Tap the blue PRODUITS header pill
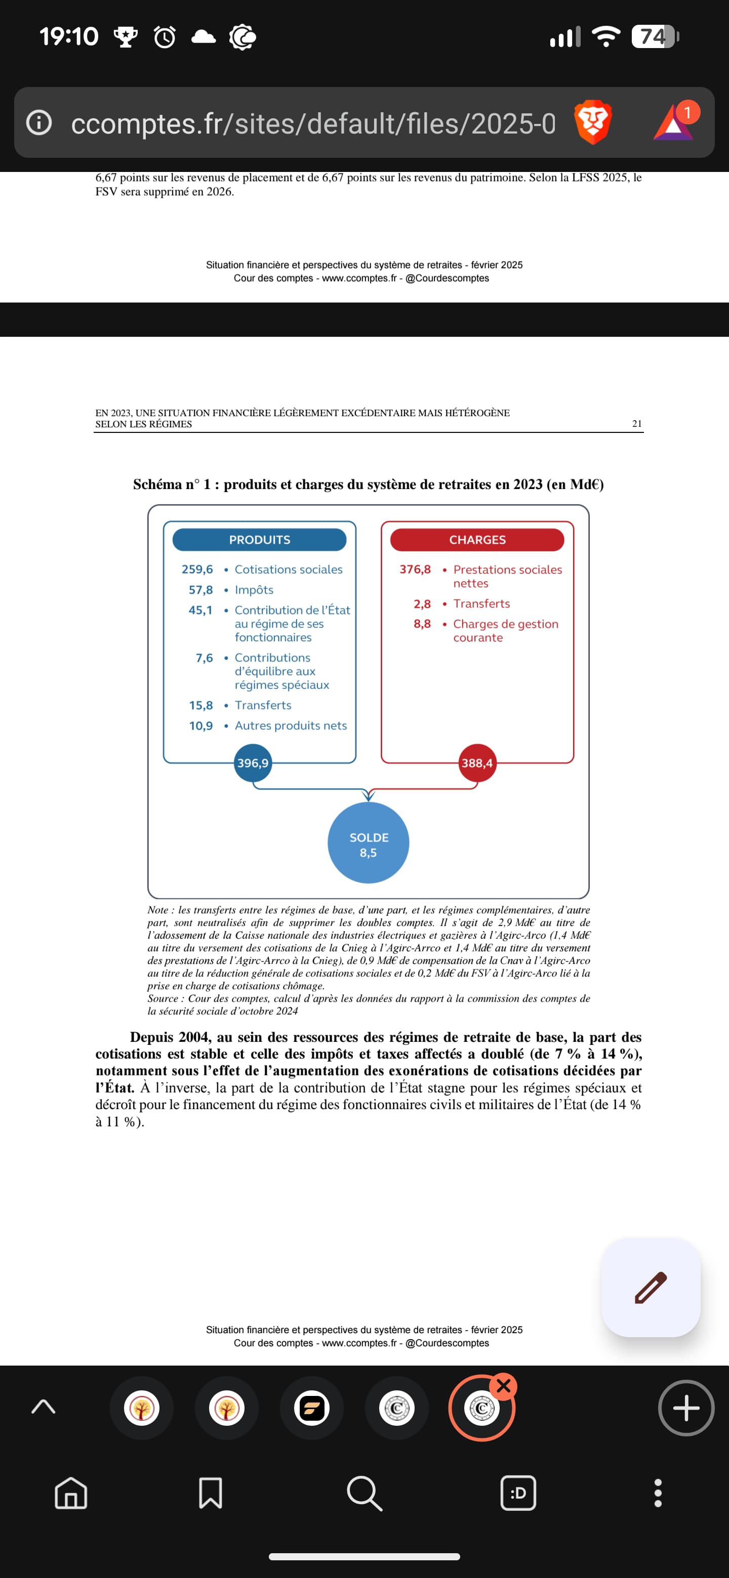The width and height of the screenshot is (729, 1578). coord(259,540)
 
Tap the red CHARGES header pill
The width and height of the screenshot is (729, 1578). coord(477,540)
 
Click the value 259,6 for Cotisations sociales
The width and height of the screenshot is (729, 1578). coord(197,569)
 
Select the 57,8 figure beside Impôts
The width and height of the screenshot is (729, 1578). coord(200,590)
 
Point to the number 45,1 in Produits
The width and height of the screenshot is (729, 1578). coord(200,610)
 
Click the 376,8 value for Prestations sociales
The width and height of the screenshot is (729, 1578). coord(415,569)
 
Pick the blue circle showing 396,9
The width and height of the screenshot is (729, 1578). coord(253,763)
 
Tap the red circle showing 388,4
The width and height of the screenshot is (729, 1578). coord(477,763)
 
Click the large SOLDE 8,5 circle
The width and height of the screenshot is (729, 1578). coord(369,843)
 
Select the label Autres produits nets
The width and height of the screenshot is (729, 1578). coord(291,725)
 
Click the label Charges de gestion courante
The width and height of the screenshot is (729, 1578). coord(505,630)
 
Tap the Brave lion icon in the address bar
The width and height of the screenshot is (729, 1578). coord(592,122)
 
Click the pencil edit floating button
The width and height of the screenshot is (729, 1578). coord(651,1287)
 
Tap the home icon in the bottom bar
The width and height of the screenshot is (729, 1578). coord(71,1493)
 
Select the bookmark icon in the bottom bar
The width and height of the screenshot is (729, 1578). coord(210,1493)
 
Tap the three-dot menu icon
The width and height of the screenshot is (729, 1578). coord(658,1493)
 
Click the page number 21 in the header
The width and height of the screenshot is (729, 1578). coord(637,423)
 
